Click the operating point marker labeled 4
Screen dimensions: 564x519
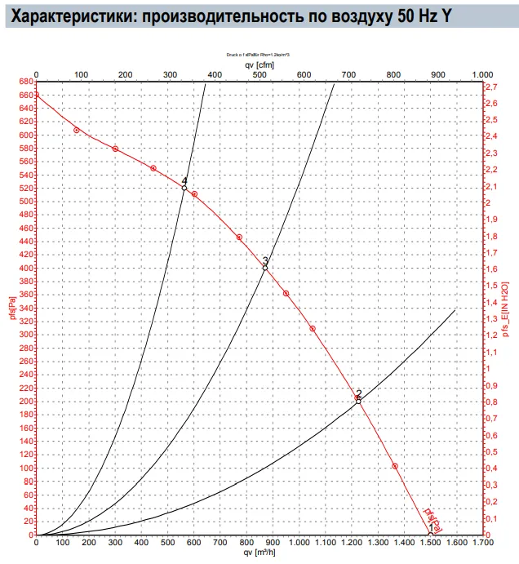pyautogui.click(x=184, y=188)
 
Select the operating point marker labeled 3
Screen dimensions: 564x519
pyautogui.click(x=265, y=267)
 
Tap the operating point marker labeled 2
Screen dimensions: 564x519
pyautogui.click(x=358, y=401)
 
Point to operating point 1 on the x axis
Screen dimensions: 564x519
pyautogui.click(x=431, y=534)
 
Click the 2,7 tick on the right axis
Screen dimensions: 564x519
pyautogui.click(x=492, y=87)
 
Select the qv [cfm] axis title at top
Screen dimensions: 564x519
pyautogui.click(x=259, y=64)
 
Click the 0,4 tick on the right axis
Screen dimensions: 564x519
pyautogui.click(x=492, y=469)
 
